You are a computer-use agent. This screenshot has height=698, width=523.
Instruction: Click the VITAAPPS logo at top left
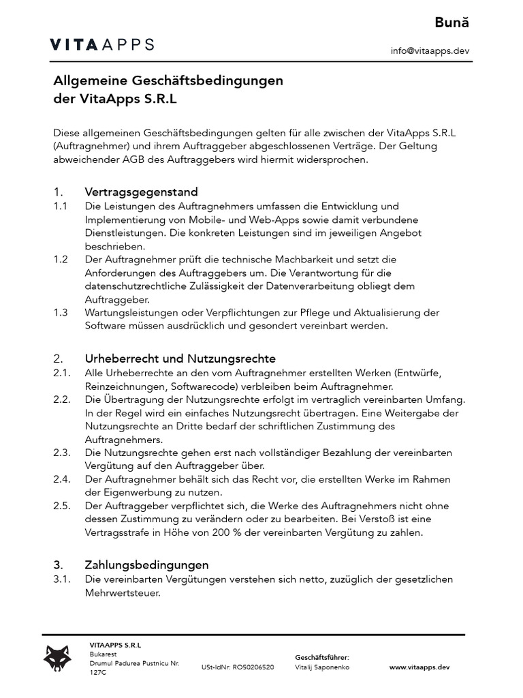(102, 45)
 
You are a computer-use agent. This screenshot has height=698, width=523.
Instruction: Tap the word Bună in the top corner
(452, 22)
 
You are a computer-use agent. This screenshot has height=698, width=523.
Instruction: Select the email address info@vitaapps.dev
(430, 50)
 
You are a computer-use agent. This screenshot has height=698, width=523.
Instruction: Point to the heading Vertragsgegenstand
(141, 192)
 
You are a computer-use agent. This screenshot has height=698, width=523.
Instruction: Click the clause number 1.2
(61, 260)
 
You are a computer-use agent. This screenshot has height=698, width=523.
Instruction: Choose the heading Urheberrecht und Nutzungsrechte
(180, 359)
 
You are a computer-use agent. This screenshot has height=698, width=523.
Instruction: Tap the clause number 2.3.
(62, 453)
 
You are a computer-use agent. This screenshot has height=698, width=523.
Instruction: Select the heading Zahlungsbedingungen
(146, 565)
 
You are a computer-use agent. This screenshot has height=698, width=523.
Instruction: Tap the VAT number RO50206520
(253, 667)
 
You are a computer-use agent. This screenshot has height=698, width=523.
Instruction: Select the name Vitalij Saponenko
(322, 667)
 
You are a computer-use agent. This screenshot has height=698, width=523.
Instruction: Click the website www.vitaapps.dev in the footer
(419, 667)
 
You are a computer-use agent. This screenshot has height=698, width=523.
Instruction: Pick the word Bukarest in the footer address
(103, 653)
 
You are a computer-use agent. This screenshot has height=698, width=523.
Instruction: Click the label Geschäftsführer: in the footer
(321, 657)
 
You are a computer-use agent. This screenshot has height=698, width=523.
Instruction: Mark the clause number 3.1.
(62, 579)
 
